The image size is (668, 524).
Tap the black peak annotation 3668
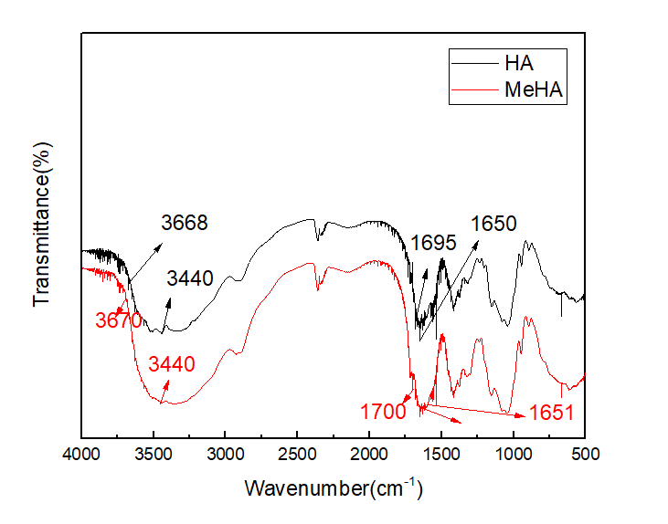pyautogui.click(x=185, y=223)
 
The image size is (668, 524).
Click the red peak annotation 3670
pyautogui.click(x=119, y=320)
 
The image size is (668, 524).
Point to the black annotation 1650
pyautogui.click(x=493, y=224)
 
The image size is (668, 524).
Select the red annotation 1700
pyautogui.click(x=382, y=412)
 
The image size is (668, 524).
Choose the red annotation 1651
pyautogui.click(x=550, y=413)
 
